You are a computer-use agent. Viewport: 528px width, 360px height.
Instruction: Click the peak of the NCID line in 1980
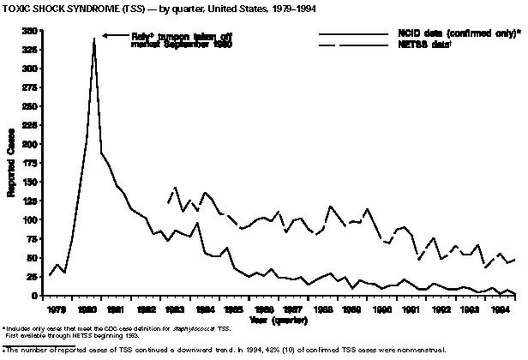click(x=93, y=39)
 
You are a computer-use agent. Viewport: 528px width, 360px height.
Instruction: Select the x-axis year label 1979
click(x=57, y=309)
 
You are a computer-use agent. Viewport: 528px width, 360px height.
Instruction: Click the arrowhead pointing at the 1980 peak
click(x=105, y=35)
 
